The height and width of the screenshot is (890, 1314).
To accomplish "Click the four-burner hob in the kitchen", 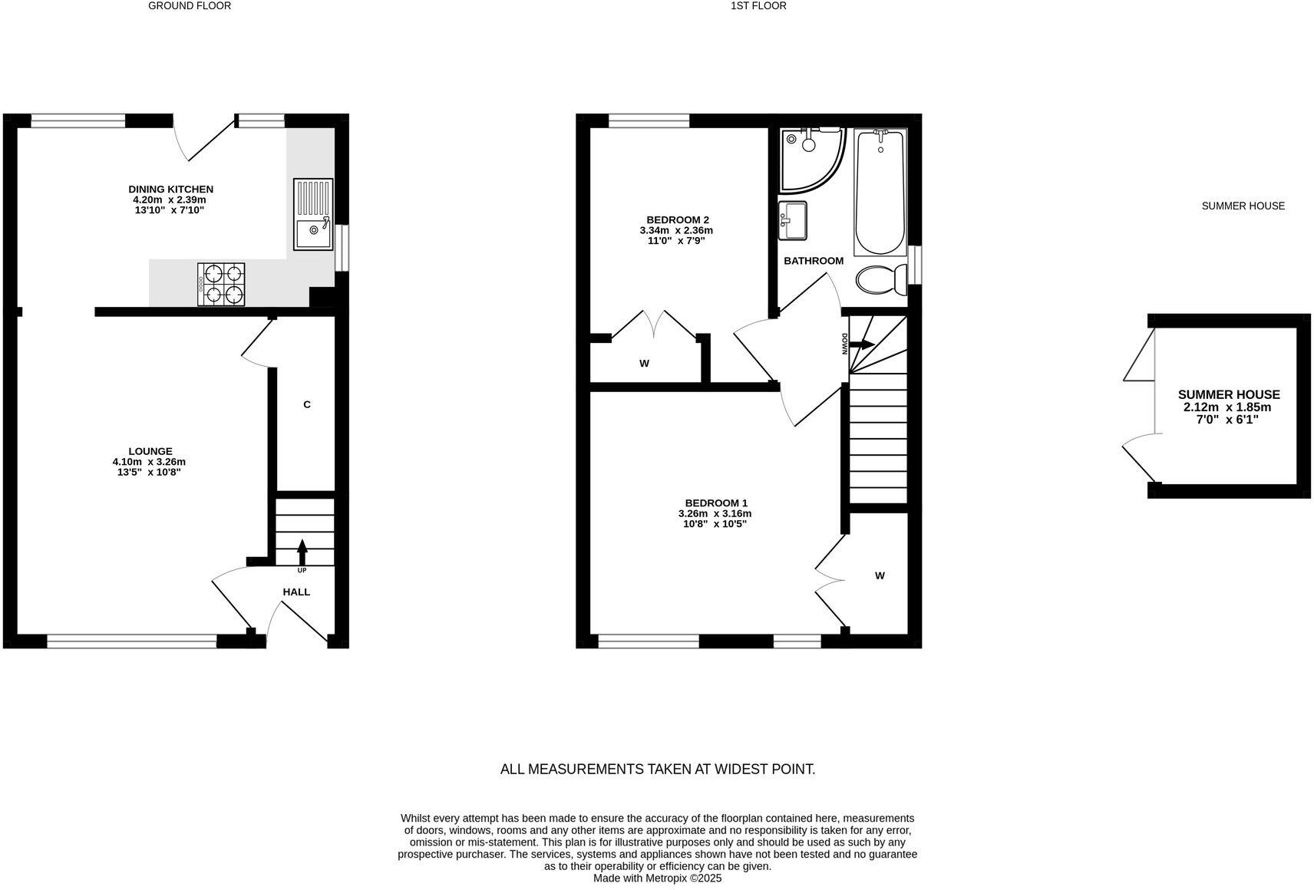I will pyautogui.click(x=221, y=284).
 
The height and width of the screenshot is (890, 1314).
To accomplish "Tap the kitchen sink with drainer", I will pyautogui.click(x=313, y=215).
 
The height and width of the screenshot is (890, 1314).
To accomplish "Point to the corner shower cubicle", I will pyautogui.click(x=810, y=159).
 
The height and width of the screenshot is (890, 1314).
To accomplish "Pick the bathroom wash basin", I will pyautogui.click(x=793, y=220).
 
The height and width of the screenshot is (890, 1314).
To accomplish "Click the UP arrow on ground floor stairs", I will pyautogui.click(x=302, y=551).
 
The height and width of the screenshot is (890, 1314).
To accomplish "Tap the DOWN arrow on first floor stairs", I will pyautogui.click(x=861, y=344).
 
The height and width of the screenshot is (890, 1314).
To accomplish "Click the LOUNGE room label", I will pyautogui.click(x=150, y=451).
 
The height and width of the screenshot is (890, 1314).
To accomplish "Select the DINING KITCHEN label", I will pyautogui.click(x=170, y=189).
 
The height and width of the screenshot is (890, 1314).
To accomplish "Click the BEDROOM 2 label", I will pyautogui.click(x=677, y=219).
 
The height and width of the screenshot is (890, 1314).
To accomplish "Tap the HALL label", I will pyautogui.click(x=296, y=592).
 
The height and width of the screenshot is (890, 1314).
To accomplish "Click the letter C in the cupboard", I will pyautogui.click(x=307, y=404).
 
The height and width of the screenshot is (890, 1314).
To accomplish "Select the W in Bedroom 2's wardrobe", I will pyautogui.click(x=644, y=364).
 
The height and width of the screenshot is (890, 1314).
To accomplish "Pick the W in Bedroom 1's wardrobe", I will pyautogui.click(x=880, y=575).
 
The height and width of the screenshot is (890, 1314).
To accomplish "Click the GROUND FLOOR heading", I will pyautogui.click(x=190, y=5).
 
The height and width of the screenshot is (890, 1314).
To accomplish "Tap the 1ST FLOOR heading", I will pyautogui.click(x=758, y=5).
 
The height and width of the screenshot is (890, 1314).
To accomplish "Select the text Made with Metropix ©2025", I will pyautogui.click(x=657, y=878).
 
